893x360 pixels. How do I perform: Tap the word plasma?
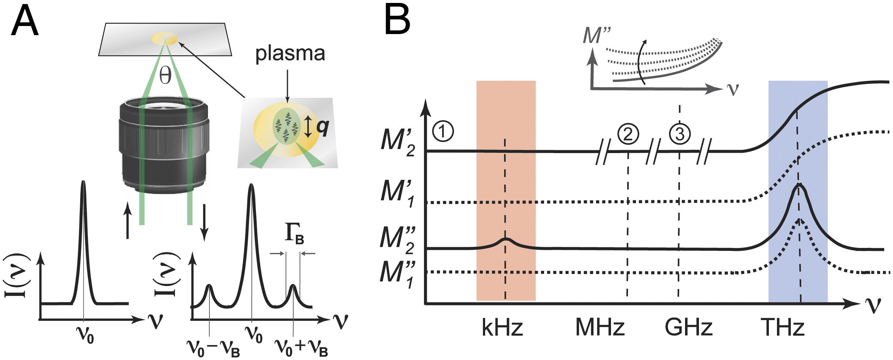click(x=290, y=54)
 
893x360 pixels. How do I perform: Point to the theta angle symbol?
click(x=165, y=76)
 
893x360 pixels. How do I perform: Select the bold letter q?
click(x=323, y=127)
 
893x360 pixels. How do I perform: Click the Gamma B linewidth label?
click(x=294, y=233)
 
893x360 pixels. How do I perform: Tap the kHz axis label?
click(x=502, y=327)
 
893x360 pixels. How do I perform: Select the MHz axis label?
click(x=600, y=327)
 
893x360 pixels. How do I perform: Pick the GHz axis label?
click(x=689, y=327)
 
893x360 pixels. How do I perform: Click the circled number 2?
click(x=628, y=134)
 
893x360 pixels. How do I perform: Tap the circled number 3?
click(x=680, y=134)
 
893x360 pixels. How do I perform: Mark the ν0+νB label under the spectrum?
click(x=301, y=347)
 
